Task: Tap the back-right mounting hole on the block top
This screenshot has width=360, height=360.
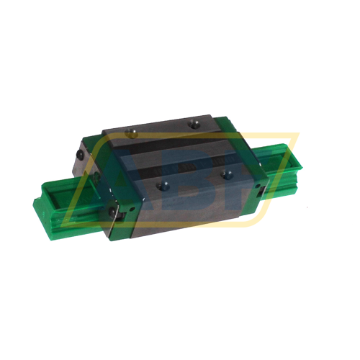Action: pos(192,125)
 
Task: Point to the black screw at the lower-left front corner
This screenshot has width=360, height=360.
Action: pos(112,212)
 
